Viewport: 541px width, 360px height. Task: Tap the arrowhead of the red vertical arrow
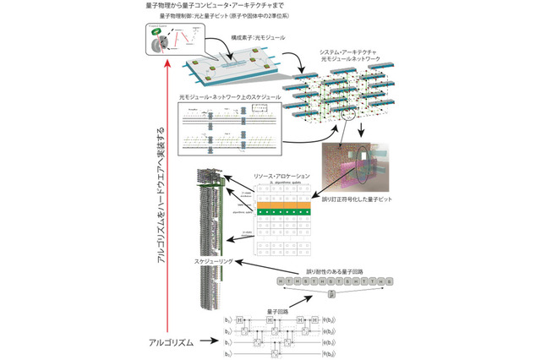tap(170, 63)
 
